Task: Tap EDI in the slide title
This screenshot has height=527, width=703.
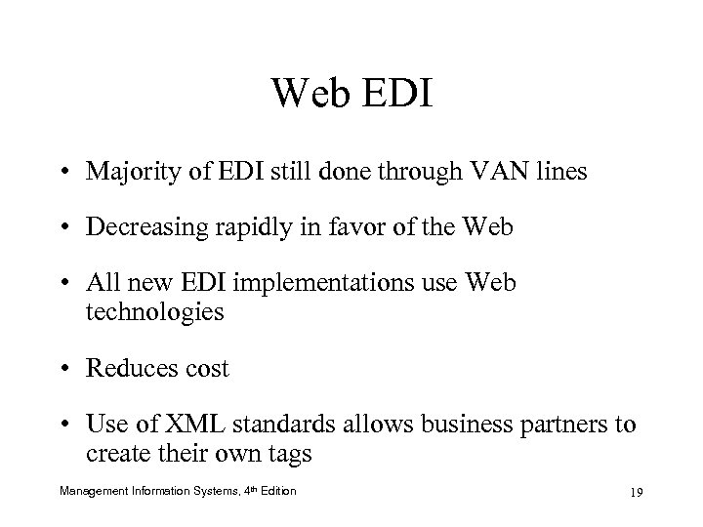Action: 400,95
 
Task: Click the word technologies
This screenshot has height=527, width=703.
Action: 155,313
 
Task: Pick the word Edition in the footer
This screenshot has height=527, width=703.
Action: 277,489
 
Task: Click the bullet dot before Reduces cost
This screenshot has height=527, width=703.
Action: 70,370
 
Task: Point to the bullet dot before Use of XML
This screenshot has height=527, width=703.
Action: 70,425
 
